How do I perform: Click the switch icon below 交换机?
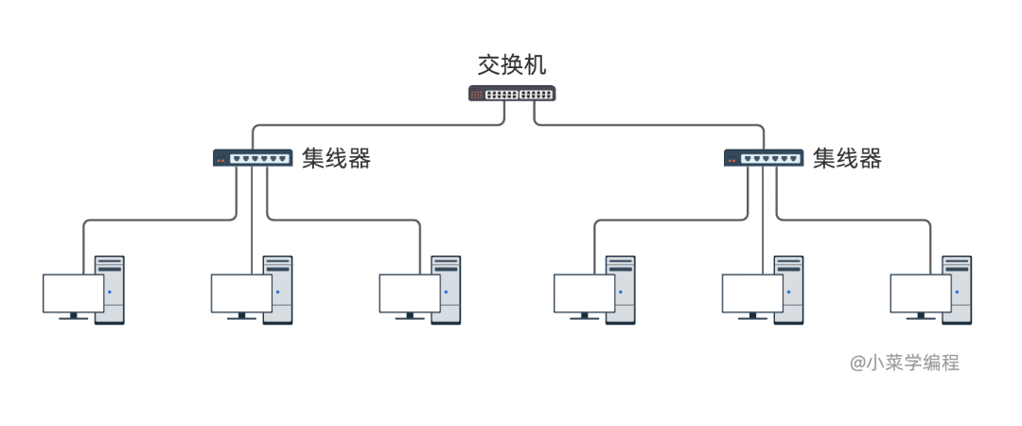point(512,94)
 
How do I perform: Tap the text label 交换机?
point(512,65)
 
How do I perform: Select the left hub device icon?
point(252,159)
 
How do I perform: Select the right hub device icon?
point(763,159)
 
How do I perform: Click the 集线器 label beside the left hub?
point(337,159)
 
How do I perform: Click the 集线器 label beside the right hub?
point(848,159)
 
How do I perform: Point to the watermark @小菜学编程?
point(904,363)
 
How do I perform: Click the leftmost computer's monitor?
point(73,294)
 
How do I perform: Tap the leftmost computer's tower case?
point(110,290)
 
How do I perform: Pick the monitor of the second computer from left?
point(241,294)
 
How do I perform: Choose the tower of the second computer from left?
point(278,290)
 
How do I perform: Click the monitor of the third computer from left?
point(410,294)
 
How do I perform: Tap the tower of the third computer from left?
point(447,290)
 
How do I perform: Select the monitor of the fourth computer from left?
point(584,294)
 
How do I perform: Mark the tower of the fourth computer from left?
point(621,290)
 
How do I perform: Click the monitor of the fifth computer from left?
point(752,294)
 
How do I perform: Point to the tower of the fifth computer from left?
point(789,290)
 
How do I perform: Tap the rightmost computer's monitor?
point(921,294)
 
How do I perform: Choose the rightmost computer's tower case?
point(958,290)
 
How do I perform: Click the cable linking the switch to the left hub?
point(379,124)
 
